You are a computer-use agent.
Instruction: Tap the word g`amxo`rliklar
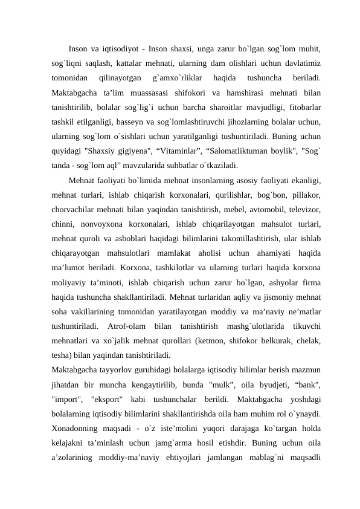pyautogui.click(x=173, y=77)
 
